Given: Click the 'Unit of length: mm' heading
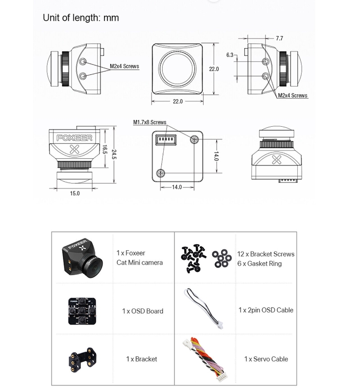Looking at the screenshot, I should click(x=81, y=18).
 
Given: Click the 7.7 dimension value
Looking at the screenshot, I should click(x=279, y=38).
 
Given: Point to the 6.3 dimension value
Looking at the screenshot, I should click(x=230, y=55).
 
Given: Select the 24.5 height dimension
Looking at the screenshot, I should click(x=114, y=154).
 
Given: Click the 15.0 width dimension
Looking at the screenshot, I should click(x=74, y=193).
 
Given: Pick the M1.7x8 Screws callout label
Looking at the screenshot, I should click(x=150, y=122).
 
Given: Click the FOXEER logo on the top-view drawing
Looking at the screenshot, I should click(x=74, y=138).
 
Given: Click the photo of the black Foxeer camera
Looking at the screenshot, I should click(x=82, y=256).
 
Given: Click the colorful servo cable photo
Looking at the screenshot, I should click(x=203, y=358).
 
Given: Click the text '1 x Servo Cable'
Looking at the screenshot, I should click(x=266, y=359).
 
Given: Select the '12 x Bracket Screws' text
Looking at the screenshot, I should click(x=266, y=254).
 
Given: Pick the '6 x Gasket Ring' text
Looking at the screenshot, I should click(x=259, y=264).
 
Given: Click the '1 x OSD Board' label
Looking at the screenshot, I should click(x=142, y=311).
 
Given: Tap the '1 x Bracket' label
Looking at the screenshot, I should click(x=141, y=359).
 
